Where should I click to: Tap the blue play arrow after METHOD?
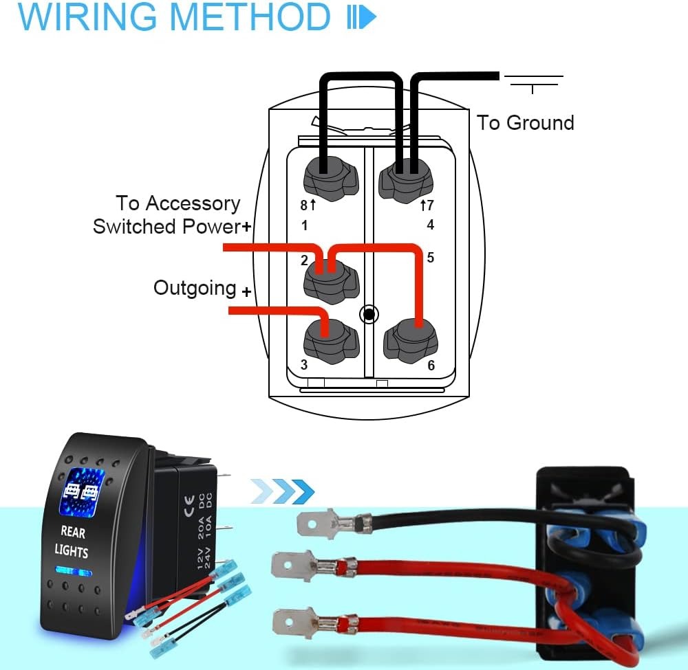(x=362, y=18)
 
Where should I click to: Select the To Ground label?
(x=525, y=123)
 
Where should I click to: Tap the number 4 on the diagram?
(x=430, y=225)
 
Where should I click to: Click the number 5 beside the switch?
(x=430, y=258)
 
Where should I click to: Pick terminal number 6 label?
(x=431, y=365)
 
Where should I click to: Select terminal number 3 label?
(x=305, y=365)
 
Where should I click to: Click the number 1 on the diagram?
(x=304, y=225)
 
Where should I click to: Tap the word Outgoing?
(x=195, y=287)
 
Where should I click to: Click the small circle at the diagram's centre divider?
(x=369, y=315)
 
